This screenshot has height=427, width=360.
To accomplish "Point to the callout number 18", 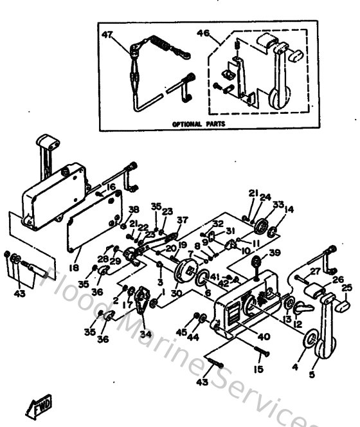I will coord(75,266).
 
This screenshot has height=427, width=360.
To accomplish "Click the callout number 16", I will coord(111,186).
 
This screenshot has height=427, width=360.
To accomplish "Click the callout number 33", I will coord(277,204).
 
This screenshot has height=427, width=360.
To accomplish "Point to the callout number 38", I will coord(134,210).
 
